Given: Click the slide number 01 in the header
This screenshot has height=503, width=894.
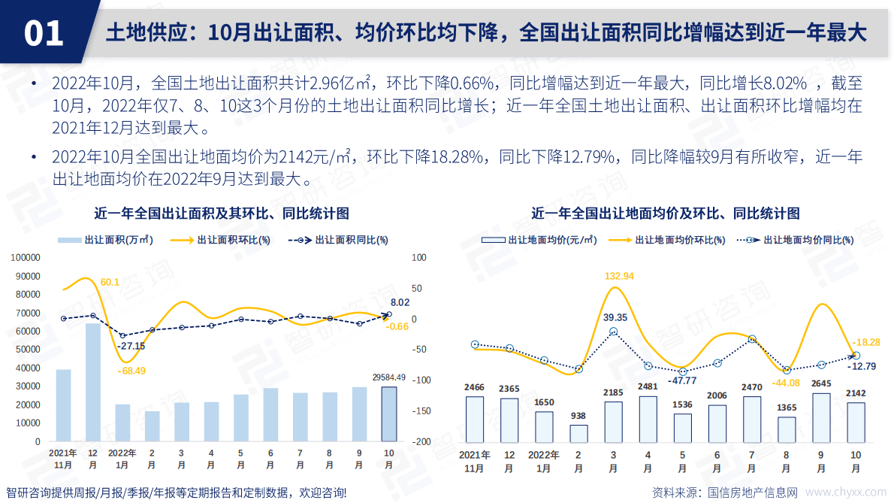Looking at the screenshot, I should pyautogui.click(x=44, y=33).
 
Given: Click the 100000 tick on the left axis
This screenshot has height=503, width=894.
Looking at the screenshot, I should pyautogui.click(x=26, y=257).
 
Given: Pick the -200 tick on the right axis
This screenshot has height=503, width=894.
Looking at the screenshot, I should pyautogui.click(x=420, y=442).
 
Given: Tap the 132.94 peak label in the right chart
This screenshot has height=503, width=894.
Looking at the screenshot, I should pyautogui.click(x=619, y=276).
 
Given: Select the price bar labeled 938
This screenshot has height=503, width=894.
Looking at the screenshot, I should pyautogui.click(x=578, y=434).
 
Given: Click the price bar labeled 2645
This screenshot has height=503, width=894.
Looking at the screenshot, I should pyautogui.click(x=821, y=417).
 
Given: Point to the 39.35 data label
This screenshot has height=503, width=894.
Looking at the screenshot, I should pyautogui.click(x=615, y=317).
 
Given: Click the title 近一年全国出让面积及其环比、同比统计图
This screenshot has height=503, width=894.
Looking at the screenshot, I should pyautogui.click(x=222, y=214).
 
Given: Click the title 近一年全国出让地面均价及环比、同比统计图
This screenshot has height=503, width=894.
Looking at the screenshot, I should pyautogui.click(x=666, y=214).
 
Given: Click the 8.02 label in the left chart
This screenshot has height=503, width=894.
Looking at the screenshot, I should pyautogui.click(x=400, y=302).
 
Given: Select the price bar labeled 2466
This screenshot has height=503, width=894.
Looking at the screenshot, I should pyautogui.click(x=475, y=419).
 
